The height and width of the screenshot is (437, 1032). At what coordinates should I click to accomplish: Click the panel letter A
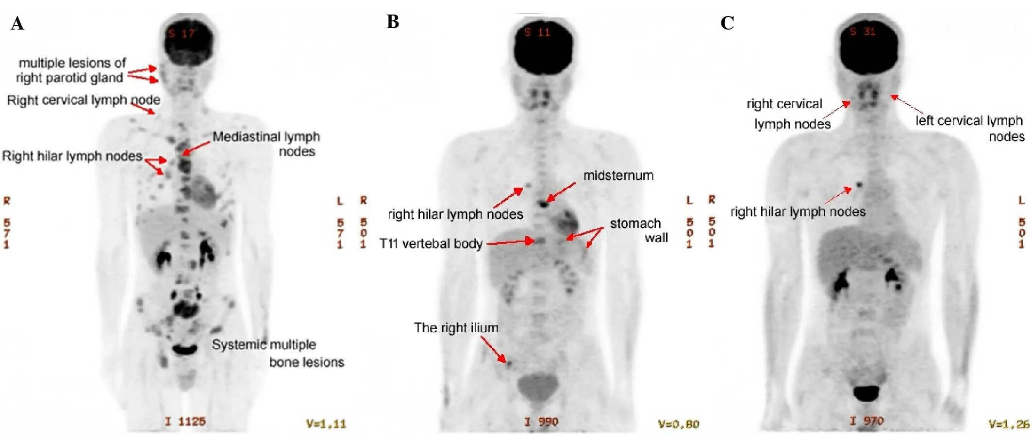(17, 23)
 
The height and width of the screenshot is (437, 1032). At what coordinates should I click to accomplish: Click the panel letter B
(393, 22)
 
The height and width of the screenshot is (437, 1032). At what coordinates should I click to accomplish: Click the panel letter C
(727, 23)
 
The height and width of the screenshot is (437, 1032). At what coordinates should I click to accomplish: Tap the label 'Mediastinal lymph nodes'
(266, 144)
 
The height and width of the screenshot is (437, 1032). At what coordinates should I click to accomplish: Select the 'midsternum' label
(618, 175)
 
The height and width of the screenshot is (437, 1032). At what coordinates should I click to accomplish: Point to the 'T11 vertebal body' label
(431, 243)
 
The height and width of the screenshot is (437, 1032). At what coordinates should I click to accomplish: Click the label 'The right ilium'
(456, 328)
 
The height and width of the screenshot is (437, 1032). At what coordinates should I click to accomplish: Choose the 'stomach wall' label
(638, 230)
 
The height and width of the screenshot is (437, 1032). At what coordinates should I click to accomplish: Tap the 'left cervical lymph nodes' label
(969, 128)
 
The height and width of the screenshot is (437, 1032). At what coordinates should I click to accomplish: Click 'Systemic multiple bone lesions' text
(278, 353)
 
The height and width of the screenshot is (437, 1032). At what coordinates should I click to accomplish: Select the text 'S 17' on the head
(181, 33)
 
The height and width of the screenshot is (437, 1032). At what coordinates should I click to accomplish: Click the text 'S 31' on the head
(862, 32)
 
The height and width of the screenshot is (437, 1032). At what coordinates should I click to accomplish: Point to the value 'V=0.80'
(678, 424)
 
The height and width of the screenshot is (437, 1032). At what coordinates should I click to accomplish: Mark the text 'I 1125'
(185, 421)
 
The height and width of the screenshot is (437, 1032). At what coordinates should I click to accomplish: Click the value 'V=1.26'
(1009, 424)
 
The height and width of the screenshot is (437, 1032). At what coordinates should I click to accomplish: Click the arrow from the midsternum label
(561, 192)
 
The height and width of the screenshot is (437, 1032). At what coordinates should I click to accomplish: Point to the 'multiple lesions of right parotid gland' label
(71, 70)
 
